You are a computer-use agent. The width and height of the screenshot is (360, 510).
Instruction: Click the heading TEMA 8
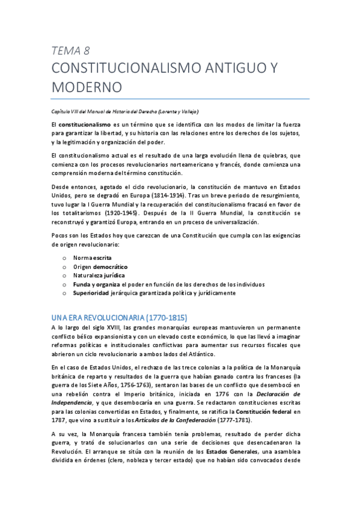[72, 50]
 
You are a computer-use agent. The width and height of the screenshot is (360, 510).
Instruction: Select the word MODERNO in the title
[87, 87]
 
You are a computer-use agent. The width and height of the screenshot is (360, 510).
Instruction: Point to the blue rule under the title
[180, 99]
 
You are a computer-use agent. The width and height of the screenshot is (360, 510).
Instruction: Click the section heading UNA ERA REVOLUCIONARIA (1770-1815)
[119, 317]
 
